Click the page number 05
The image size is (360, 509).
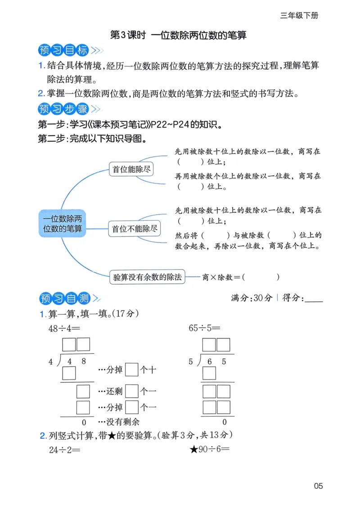[319, 486]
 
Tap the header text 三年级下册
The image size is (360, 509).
[299, 15]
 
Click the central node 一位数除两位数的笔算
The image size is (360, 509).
[63, 223]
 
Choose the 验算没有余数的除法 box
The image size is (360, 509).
[148, 277]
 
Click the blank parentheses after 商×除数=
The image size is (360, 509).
[261, 277]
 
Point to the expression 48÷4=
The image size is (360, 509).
[64, 328]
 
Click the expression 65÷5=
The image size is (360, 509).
[205, 328]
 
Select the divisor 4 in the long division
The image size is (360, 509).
[51, 362]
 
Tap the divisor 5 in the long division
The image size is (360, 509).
[191, 362]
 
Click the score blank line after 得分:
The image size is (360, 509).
[314, 299]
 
